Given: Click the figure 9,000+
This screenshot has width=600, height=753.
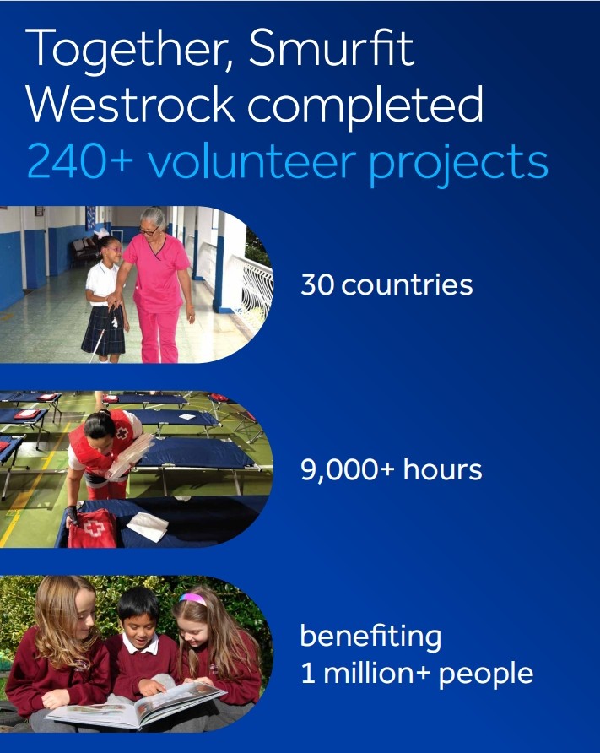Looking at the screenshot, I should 348,470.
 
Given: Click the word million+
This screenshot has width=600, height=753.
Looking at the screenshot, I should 377,674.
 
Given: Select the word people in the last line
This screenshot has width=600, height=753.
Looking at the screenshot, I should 490,675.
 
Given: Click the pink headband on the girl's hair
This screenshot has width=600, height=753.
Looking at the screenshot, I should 193,599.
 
